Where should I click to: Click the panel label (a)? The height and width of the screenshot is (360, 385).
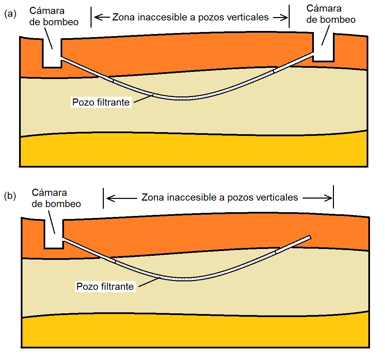coord(10,14)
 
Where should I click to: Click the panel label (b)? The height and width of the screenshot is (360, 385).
coord(10,196)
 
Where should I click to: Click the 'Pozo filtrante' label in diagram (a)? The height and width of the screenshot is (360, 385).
coord(101,102)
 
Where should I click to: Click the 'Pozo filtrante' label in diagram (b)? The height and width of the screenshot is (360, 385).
coord(105,286)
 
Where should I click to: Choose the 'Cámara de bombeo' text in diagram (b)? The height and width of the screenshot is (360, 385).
coord(56,198)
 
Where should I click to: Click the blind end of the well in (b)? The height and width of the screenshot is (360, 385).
coord(309,237)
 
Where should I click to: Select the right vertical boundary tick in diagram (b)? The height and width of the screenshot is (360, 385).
coord(334,197)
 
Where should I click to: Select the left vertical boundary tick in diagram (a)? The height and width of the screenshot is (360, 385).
coord(91,17)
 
